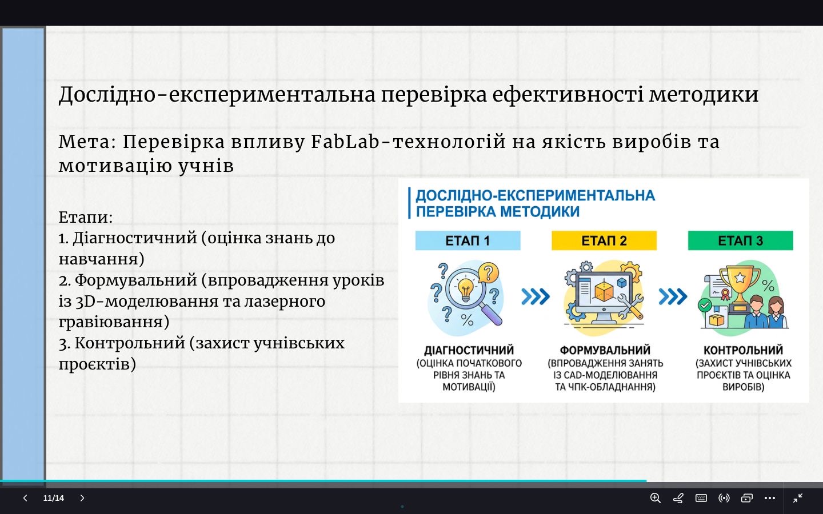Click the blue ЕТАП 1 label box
468,240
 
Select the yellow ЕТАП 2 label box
604,240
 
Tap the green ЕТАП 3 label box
740,240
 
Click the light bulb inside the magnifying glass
465,289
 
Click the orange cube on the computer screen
604,292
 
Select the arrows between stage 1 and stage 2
536,296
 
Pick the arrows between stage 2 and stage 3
673,296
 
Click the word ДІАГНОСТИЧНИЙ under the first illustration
469,350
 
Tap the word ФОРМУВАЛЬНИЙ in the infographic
605,350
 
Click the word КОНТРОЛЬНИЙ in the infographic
743,350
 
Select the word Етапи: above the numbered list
86,217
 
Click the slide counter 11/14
53,498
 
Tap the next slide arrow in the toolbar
82,498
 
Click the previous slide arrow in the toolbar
25,498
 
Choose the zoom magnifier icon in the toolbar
656,498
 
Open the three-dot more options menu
770,498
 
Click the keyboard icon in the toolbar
701,498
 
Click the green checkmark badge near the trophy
704,305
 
